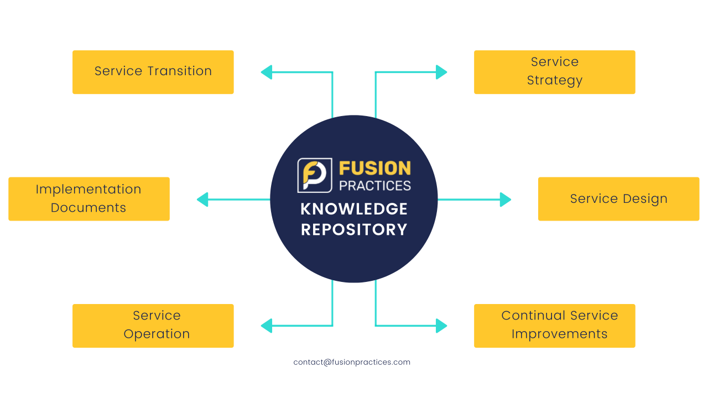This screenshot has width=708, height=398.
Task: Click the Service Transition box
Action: (x=153, y=72)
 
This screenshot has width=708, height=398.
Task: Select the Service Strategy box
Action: (x=554, y=72)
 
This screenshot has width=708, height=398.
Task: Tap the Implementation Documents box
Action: (x=88, y=198)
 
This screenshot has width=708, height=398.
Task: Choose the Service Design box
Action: (x=618, y=198)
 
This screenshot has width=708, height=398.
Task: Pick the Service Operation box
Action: (x=153, y=326)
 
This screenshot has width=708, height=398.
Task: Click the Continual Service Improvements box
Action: (x=554, y=326)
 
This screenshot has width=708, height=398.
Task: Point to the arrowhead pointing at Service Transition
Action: (x=267, y=72)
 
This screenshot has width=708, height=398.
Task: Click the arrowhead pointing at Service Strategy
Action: (x=441, y=72)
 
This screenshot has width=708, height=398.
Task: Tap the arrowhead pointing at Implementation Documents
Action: (x=202, y=200)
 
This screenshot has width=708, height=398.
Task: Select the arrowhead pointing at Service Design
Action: (x=505, y=200)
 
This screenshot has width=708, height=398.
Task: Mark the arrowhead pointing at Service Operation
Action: (x=267, y=326)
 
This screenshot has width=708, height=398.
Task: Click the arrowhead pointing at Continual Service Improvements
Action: (x=441, y=326)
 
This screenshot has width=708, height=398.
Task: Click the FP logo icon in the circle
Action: (x=315, y=175)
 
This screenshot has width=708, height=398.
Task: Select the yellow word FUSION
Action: (x=374, y=168)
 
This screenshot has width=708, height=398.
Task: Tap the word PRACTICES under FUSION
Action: (x=374, y=185)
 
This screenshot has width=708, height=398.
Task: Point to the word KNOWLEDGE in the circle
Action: (x=354, y=209)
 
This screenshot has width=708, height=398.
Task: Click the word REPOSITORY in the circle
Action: (x=354, y=229)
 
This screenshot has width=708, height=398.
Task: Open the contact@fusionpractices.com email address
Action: (x=352, y=363)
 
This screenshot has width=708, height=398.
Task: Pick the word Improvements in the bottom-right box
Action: (x=559, y=334)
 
